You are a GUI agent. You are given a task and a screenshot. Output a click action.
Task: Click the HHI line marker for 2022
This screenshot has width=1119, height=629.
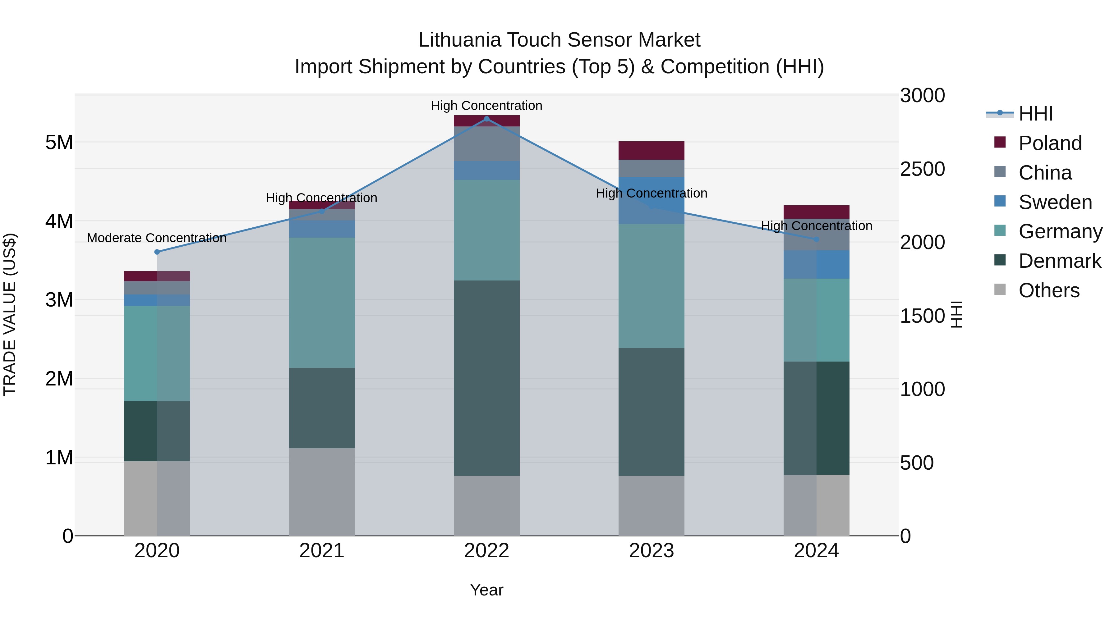[486, 119]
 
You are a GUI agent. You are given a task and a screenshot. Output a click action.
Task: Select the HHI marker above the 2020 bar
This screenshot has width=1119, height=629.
[157, 252]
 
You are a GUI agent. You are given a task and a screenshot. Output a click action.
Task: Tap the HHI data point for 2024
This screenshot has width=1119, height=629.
[816, 239]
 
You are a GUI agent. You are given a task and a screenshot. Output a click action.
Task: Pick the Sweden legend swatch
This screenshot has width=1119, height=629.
[1000, 201]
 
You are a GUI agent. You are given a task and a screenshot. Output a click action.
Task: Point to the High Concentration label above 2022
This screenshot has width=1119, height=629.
[486, 106]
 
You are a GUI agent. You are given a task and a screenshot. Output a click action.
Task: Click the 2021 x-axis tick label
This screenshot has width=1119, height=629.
[322, 551]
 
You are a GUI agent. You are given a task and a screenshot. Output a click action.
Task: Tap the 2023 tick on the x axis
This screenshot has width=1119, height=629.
[651, 551]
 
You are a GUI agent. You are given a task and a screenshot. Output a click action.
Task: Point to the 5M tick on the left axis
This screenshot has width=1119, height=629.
[59, 142]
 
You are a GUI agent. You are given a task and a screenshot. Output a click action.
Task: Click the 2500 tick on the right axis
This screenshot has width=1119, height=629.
[922, 169]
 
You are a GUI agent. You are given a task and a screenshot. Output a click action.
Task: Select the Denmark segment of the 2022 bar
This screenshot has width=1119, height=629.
[486, 378]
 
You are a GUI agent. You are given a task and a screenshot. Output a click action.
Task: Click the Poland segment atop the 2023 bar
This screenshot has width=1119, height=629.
[651, 150]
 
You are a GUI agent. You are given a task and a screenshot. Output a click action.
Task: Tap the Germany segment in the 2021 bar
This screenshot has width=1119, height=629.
[322, 303]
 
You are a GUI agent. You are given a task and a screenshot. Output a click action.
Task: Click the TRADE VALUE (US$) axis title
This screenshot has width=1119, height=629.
[10, 314]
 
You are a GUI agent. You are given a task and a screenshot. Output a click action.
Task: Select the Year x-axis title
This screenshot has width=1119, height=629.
[486, 590]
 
